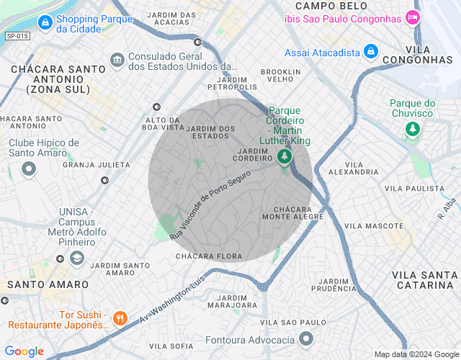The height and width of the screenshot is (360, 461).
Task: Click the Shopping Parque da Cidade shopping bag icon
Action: (x=45, y=23)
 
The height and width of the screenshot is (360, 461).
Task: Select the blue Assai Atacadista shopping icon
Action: (x=371, y=52)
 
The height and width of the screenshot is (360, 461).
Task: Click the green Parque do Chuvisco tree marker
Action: (x=412, y=129)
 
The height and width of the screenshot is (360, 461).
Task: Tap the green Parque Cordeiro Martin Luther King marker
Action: (x=286, y=156)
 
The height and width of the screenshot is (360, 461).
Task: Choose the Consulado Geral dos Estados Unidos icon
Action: (x=117, y=58)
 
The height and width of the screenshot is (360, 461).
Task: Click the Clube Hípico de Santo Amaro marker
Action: (x=29, y=169)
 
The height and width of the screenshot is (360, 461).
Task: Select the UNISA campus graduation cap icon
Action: (x=77, y=258)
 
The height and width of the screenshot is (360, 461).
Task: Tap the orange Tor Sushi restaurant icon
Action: (x=120, y=317)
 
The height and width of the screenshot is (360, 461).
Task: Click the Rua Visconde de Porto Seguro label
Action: (x=210, y=205)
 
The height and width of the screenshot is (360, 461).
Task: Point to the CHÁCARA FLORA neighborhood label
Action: (x=208, y=256)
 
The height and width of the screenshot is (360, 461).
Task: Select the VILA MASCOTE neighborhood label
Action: (x=373, y=225)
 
